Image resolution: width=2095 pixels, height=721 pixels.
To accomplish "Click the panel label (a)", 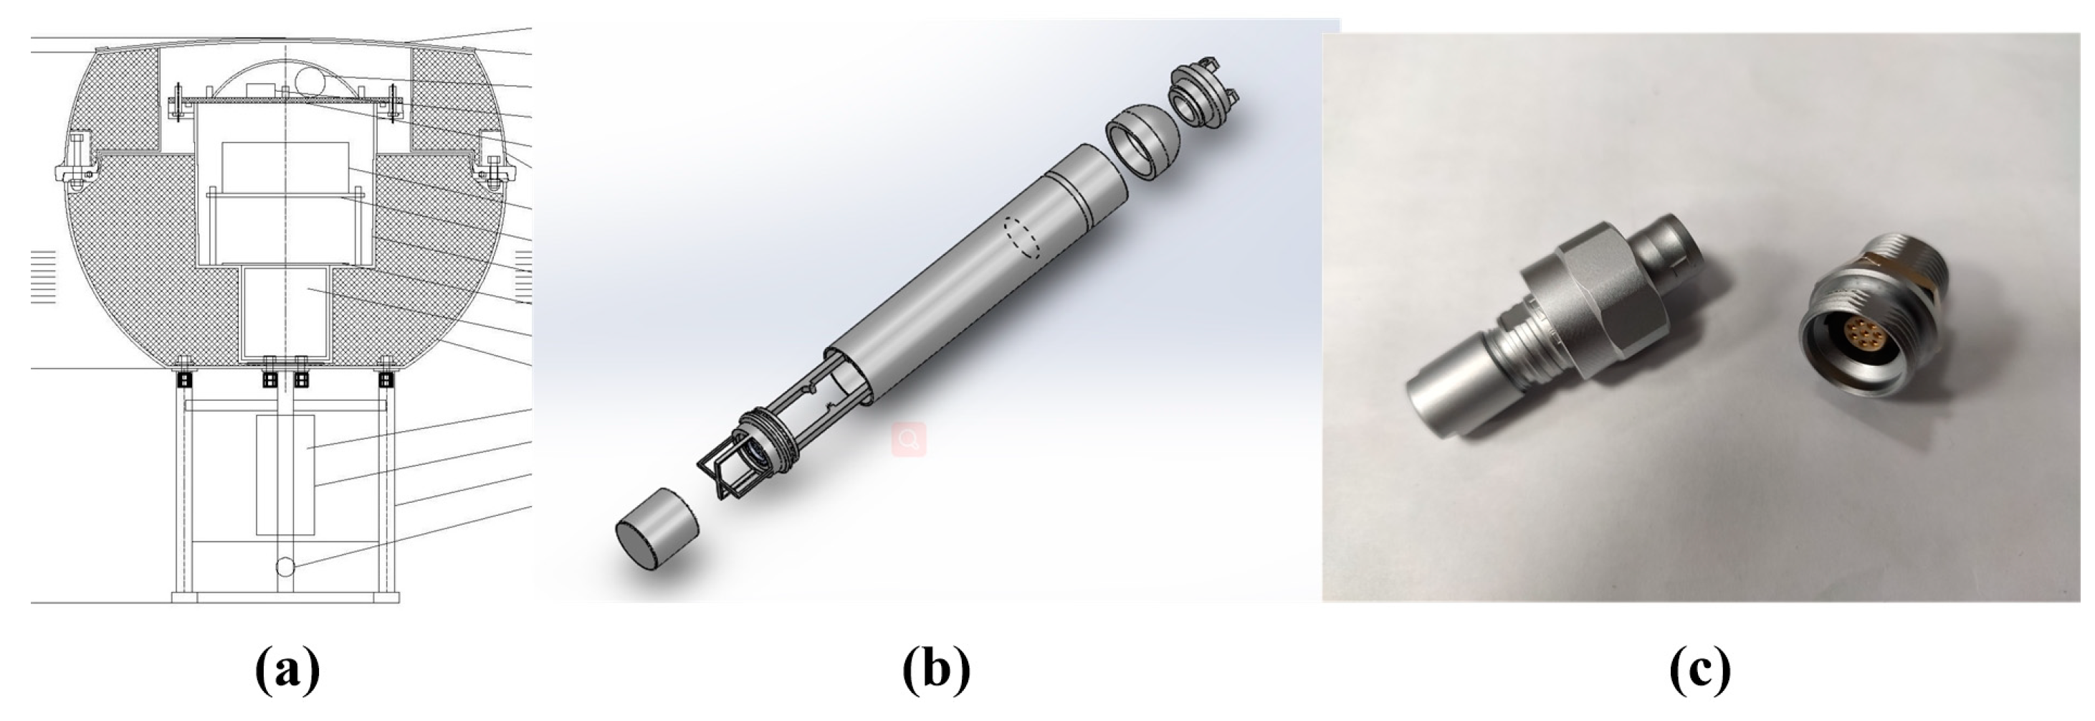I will (287, 671).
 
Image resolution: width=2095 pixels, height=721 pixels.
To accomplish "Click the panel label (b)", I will (936, 671).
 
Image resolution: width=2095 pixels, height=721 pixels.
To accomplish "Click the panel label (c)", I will (1700, 671).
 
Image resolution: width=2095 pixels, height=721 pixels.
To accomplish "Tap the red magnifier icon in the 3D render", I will (910, 440).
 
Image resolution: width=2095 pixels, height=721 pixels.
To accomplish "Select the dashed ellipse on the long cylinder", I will (1023, 237).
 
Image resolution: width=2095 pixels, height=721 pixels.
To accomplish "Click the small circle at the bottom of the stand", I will (285, 566).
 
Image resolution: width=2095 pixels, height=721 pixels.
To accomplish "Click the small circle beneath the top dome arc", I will (310, 80).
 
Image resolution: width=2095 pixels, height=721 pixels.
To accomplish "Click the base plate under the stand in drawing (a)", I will (285, 598).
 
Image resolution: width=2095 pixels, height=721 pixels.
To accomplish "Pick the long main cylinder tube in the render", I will (976, 277).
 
